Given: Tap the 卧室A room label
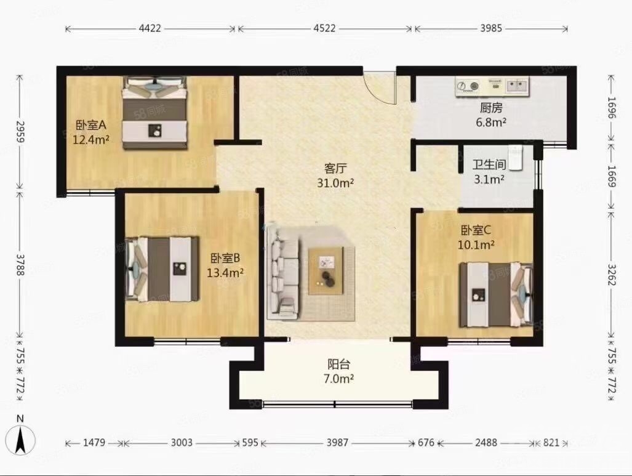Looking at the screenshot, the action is click(x=90, y=125).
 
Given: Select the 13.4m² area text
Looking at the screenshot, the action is click(x=225, y=273).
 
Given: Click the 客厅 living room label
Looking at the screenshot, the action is click(x=335, y=168).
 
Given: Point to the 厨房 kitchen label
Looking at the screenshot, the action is click(x=491, y=108).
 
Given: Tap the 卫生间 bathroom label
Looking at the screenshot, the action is click(x=489, y=164).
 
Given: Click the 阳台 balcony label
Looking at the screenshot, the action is click(x=338, y=365).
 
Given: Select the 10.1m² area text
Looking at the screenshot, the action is click(x=476, y=244).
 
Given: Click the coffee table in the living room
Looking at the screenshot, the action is click(x=326, y=271).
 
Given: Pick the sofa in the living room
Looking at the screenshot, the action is click(x=284, y=274).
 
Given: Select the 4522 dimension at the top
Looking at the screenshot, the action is click(x=324, y=28).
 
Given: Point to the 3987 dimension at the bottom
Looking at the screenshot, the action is click(x=337, y=443).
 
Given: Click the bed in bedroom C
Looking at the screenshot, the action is click(x=496, y=294).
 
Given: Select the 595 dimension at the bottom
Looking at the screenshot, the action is click(x=250, y=443).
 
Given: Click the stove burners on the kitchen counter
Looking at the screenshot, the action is click(x=468, y=86).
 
